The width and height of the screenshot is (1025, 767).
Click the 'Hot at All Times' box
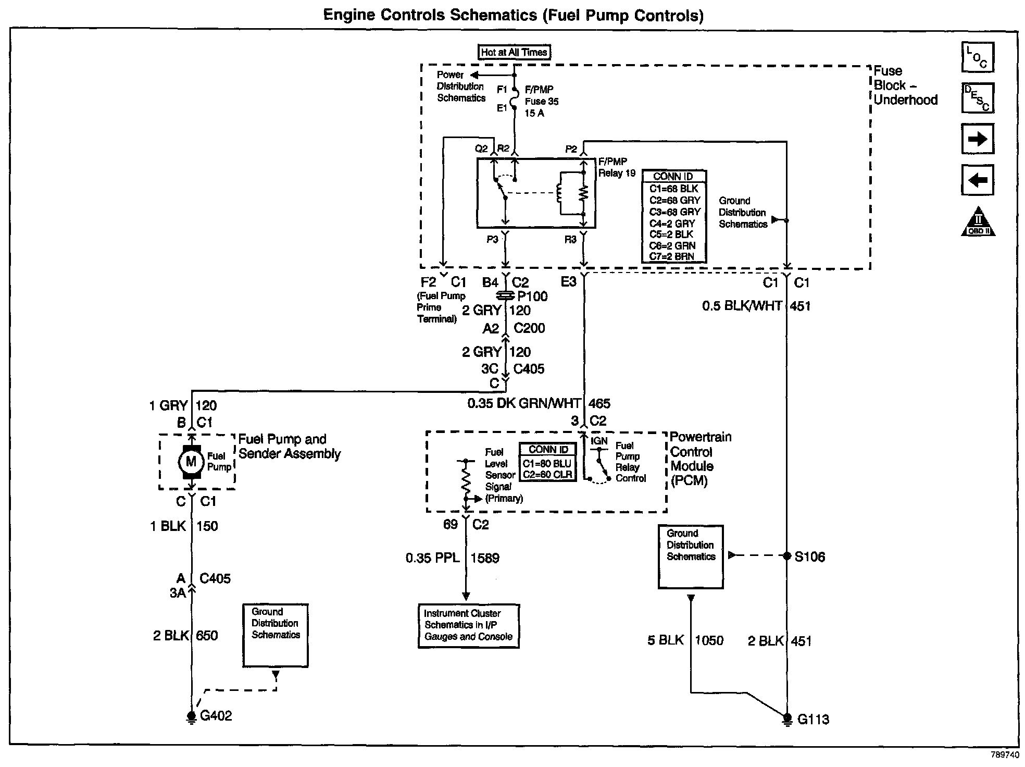514,52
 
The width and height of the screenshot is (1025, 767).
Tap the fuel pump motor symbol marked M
191,462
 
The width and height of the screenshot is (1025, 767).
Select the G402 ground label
216,715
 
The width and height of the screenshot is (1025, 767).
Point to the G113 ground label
813,719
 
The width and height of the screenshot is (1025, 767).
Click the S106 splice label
809,556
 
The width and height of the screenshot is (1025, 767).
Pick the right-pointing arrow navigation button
978,139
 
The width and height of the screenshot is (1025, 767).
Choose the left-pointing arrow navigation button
978,180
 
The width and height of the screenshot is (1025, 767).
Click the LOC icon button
978,57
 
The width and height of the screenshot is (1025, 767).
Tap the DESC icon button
978,98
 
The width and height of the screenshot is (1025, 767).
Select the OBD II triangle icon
978,222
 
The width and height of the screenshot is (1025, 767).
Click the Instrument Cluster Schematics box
468,625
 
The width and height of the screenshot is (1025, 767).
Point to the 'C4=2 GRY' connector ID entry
672,223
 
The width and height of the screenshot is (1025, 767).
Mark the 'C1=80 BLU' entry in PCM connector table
547,463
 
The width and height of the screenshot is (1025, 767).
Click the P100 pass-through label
532,296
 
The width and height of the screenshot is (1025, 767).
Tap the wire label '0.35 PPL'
432,558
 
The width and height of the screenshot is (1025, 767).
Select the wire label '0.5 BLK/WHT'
742,306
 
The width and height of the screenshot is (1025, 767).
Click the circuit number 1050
709,640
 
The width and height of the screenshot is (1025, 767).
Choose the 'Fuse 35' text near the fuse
542,101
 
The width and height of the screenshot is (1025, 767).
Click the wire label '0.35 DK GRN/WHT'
523,403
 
